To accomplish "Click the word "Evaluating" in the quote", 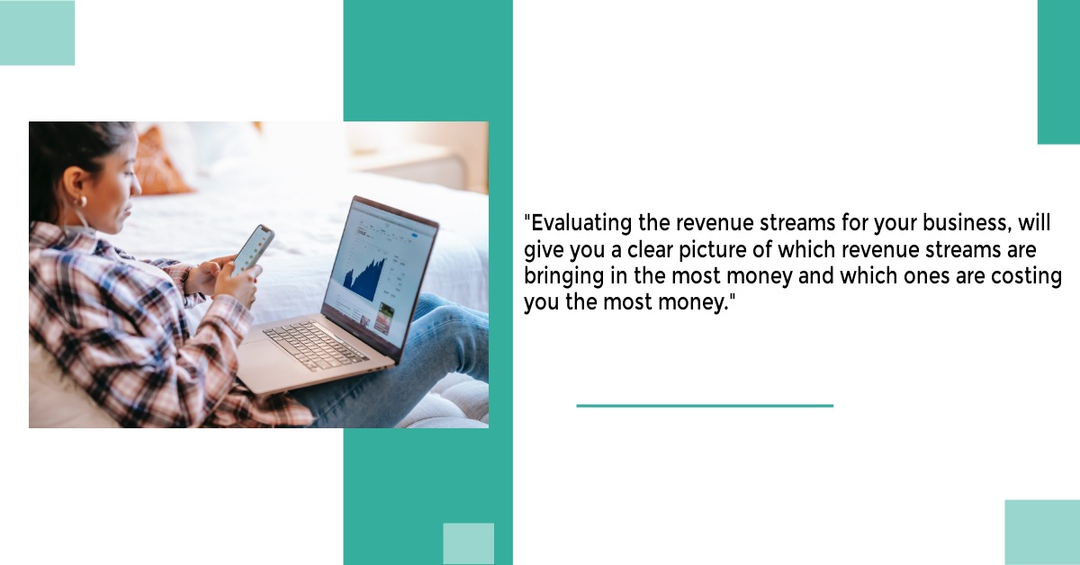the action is (581, 224).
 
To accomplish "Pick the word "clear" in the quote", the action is (650, 250).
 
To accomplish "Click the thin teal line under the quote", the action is (705, 406).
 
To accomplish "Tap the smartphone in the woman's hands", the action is (253, 251).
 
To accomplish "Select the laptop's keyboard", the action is (316, 345).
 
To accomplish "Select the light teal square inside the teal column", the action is (469, 543).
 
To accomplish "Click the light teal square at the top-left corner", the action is (37, 32).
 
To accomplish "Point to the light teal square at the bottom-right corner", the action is (1042, 533).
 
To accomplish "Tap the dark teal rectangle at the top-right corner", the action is (1058, 72).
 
